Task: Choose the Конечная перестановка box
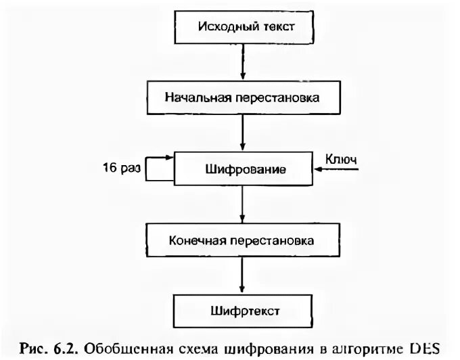click(x=242, y=240)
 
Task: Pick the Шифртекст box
click(x=242, y=311)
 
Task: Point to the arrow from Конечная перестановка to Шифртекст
click(x=242, y=275)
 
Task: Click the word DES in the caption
click(x=424, y=348)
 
